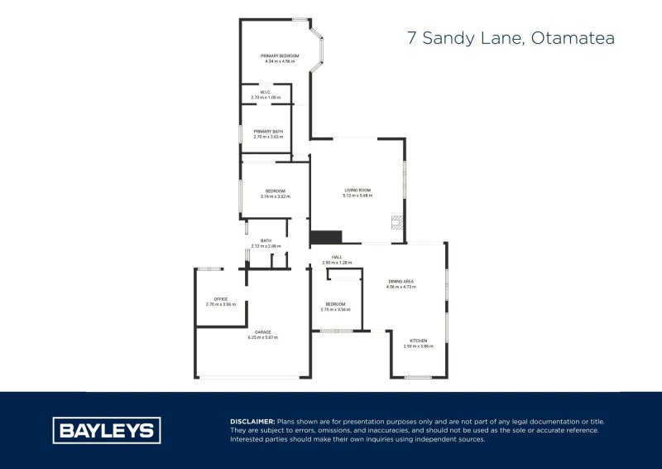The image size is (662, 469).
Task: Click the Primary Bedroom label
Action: [280, 56]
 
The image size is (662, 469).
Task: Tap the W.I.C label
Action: [266, 93]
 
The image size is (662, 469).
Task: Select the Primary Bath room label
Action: [268, 131]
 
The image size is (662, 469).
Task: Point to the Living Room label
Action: [358, 191]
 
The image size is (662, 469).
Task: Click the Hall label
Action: [337, 258]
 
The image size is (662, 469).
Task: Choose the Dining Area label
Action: [401, 282]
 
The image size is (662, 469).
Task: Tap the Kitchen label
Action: [420, 341]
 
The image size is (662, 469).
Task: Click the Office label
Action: [220, 299]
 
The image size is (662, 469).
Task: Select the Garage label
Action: [262, 332]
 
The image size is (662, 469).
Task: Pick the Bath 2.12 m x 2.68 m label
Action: [266, 241]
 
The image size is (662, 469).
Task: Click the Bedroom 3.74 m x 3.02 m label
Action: [275, 191]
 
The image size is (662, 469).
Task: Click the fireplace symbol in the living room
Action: [397, 221]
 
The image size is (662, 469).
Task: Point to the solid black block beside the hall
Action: [325, 237]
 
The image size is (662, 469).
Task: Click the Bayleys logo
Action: [107, 430]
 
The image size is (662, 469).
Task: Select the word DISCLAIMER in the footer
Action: [252, 422]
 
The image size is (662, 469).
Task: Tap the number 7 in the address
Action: [411, 38]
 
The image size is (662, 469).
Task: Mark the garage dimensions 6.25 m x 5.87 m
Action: [262, 337]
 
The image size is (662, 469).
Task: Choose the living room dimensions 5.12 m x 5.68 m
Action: [358, 196]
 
